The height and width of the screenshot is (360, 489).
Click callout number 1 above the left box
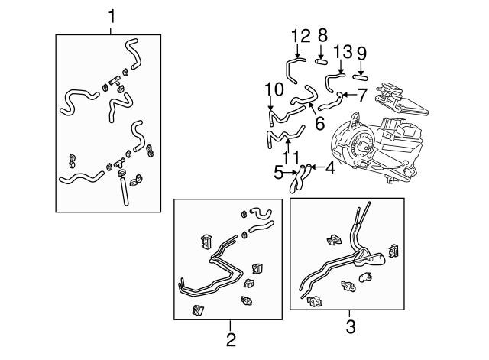coord(112,17)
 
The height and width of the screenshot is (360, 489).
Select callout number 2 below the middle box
coord(231,339)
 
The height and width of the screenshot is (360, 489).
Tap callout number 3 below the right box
coord(351,327)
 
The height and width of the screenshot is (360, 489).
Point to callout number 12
coord(301,36)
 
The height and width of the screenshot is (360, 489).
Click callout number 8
coord(322,35)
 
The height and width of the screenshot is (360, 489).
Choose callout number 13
coord(343,51)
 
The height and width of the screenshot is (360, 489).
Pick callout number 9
coord(361,54)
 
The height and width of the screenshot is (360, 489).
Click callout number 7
coord(361,95)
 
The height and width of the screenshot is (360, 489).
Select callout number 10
coord(274,89)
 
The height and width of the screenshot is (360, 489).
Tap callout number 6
coord(320,123)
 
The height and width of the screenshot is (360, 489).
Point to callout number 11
coord(290,157)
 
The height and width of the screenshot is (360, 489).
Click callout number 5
coord(278,173)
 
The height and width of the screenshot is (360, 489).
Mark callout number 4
coord(330,168)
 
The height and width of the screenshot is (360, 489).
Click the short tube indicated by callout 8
coord(321,62)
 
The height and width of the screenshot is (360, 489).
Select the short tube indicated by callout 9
coord(360,77)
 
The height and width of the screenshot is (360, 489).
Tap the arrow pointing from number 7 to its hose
coord(349,94)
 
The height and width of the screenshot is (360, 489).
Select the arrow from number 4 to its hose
coord(317,167)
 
